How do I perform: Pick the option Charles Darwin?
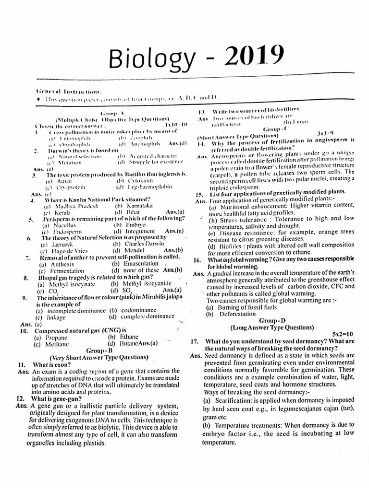click(x=139, y=244)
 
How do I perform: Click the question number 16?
click(x=197, y=259)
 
